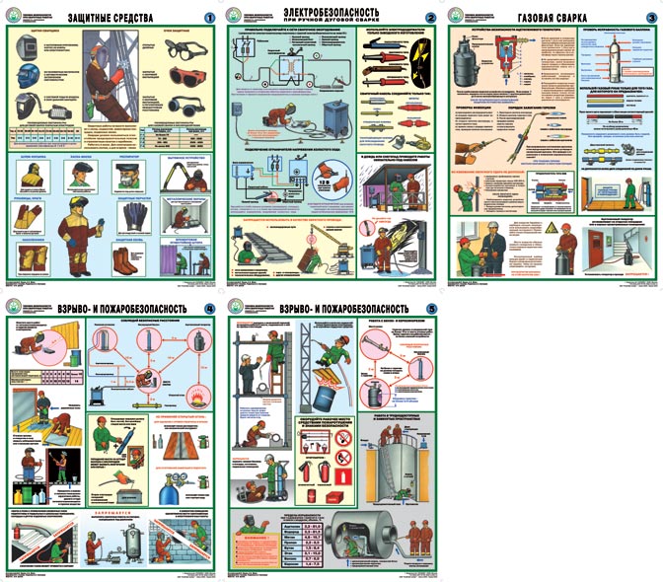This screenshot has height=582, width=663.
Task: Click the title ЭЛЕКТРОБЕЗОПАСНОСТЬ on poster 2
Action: [x=334, y=15]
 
